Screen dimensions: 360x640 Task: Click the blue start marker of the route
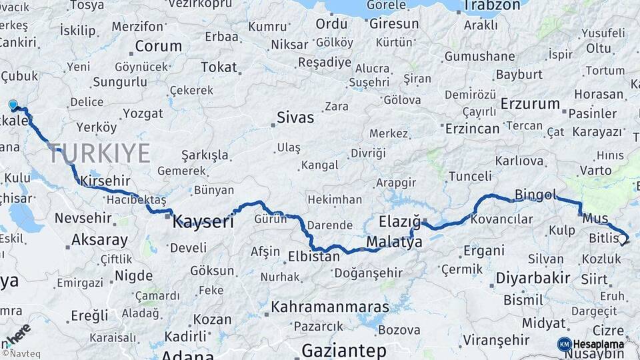click(13, 105)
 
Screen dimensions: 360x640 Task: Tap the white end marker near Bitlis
click(622, 239)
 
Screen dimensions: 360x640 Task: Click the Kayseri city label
click(203, 221)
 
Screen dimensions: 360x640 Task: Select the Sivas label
click(295, 119)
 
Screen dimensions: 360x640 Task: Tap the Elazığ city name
click(399, 221)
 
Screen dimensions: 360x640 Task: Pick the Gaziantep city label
click(344, 350)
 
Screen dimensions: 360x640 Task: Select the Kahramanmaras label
click(329, 307)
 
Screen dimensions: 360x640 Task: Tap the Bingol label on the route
click(535, 195)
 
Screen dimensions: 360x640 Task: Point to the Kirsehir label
click(104, 181)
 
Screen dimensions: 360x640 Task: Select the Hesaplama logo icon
click(564, 344)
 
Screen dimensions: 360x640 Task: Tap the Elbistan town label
click(314, 256)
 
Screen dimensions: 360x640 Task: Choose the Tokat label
click(219, 67)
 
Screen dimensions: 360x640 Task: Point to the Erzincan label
click(472, 128)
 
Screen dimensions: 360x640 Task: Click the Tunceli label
click(470, 176)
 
